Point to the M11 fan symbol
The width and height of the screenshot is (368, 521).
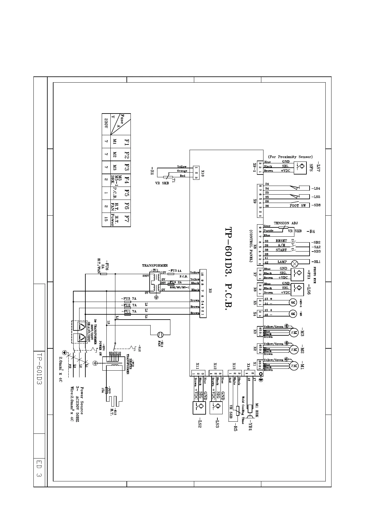click(160, 334)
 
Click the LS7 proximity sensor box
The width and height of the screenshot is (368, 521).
click(299, 166)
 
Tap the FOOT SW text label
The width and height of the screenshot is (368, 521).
click(297, 206)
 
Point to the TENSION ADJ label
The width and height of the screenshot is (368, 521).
click(285, 223)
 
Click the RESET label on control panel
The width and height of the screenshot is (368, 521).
click(281, 241)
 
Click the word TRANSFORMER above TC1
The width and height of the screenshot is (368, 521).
click(155, 265)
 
